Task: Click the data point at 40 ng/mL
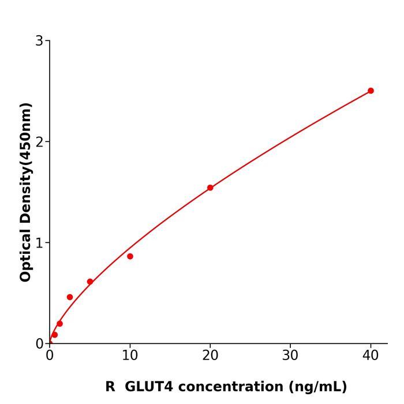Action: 371,91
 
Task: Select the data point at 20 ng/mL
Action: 210,188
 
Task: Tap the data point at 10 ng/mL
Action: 130,256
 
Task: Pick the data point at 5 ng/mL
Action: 90,282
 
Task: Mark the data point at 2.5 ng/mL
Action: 70,297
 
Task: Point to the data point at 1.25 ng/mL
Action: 59,324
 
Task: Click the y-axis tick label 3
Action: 39,41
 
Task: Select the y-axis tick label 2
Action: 39,142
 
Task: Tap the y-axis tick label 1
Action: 39,243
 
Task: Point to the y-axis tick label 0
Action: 39,344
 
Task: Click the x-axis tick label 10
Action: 130,356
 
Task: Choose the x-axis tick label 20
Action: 210,356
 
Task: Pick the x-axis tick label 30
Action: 290,356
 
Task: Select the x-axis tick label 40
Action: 371,356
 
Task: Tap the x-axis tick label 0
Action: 50,356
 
